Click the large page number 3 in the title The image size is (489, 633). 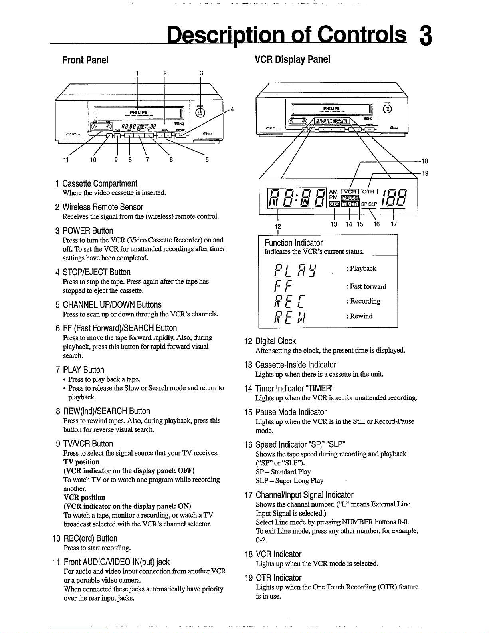tap(426, 36)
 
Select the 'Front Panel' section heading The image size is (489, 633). tap(85, 60)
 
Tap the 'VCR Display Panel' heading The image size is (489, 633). tap(292, 60)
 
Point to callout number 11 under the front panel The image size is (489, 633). tap(66, 160)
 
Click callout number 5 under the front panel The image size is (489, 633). tap(207, 160)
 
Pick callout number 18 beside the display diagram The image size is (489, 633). tap(425, 161)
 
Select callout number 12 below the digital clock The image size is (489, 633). tap(278, 226)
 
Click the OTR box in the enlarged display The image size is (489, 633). tap(368, 192)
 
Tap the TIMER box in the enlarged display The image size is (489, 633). tap(350, 204)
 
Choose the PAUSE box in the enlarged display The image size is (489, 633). tap(349, 198)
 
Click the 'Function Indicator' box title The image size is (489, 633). tap(293, 243)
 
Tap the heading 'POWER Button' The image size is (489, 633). tap(88, 231)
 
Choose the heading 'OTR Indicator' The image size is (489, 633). tap(279, 578)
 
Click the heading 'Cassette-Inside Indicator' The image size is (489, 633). tap(296, 365)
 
